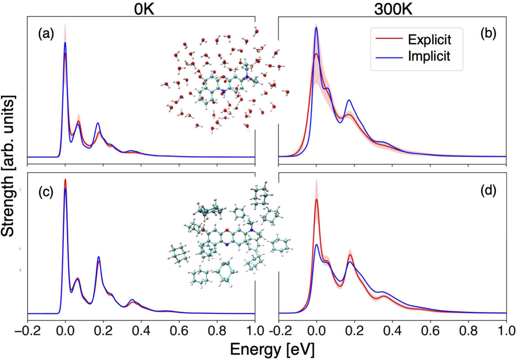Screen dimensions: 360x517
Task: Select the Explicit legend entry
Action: [429, 39]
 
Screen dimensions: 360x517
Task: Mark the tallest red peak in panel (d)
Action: [317, 199]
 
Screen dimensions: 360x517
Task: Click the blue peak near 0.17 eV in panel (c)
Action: [99, 257]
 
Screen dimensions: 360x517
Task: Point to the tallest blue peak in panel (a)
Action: [65, 42]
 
